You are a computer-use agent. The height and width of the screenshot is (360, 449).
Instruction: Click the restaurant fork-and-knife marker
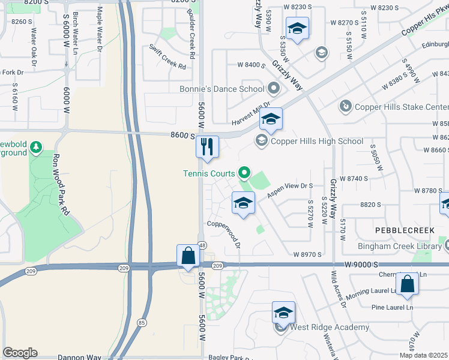[x=208, y=146]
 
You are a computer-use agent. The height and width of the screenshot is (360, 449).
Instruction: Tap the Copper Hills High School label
[x=316, y=142]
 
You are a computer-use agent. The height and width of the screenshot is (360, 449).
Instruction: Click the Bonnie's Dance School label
[x=221, y=89]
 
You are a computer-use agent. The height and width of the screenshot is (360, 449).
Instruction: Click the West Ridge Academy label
[x=330, y=328]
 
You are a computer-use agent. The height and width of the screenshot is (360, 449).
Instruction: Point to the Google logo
[x=20, y=352]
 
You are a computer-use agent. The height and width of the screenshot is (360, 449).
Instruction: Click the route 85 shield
[x=142, y=322]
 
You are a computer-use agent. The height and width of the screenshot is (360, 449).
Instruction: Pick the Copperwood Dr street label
[x=224, y=234]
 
